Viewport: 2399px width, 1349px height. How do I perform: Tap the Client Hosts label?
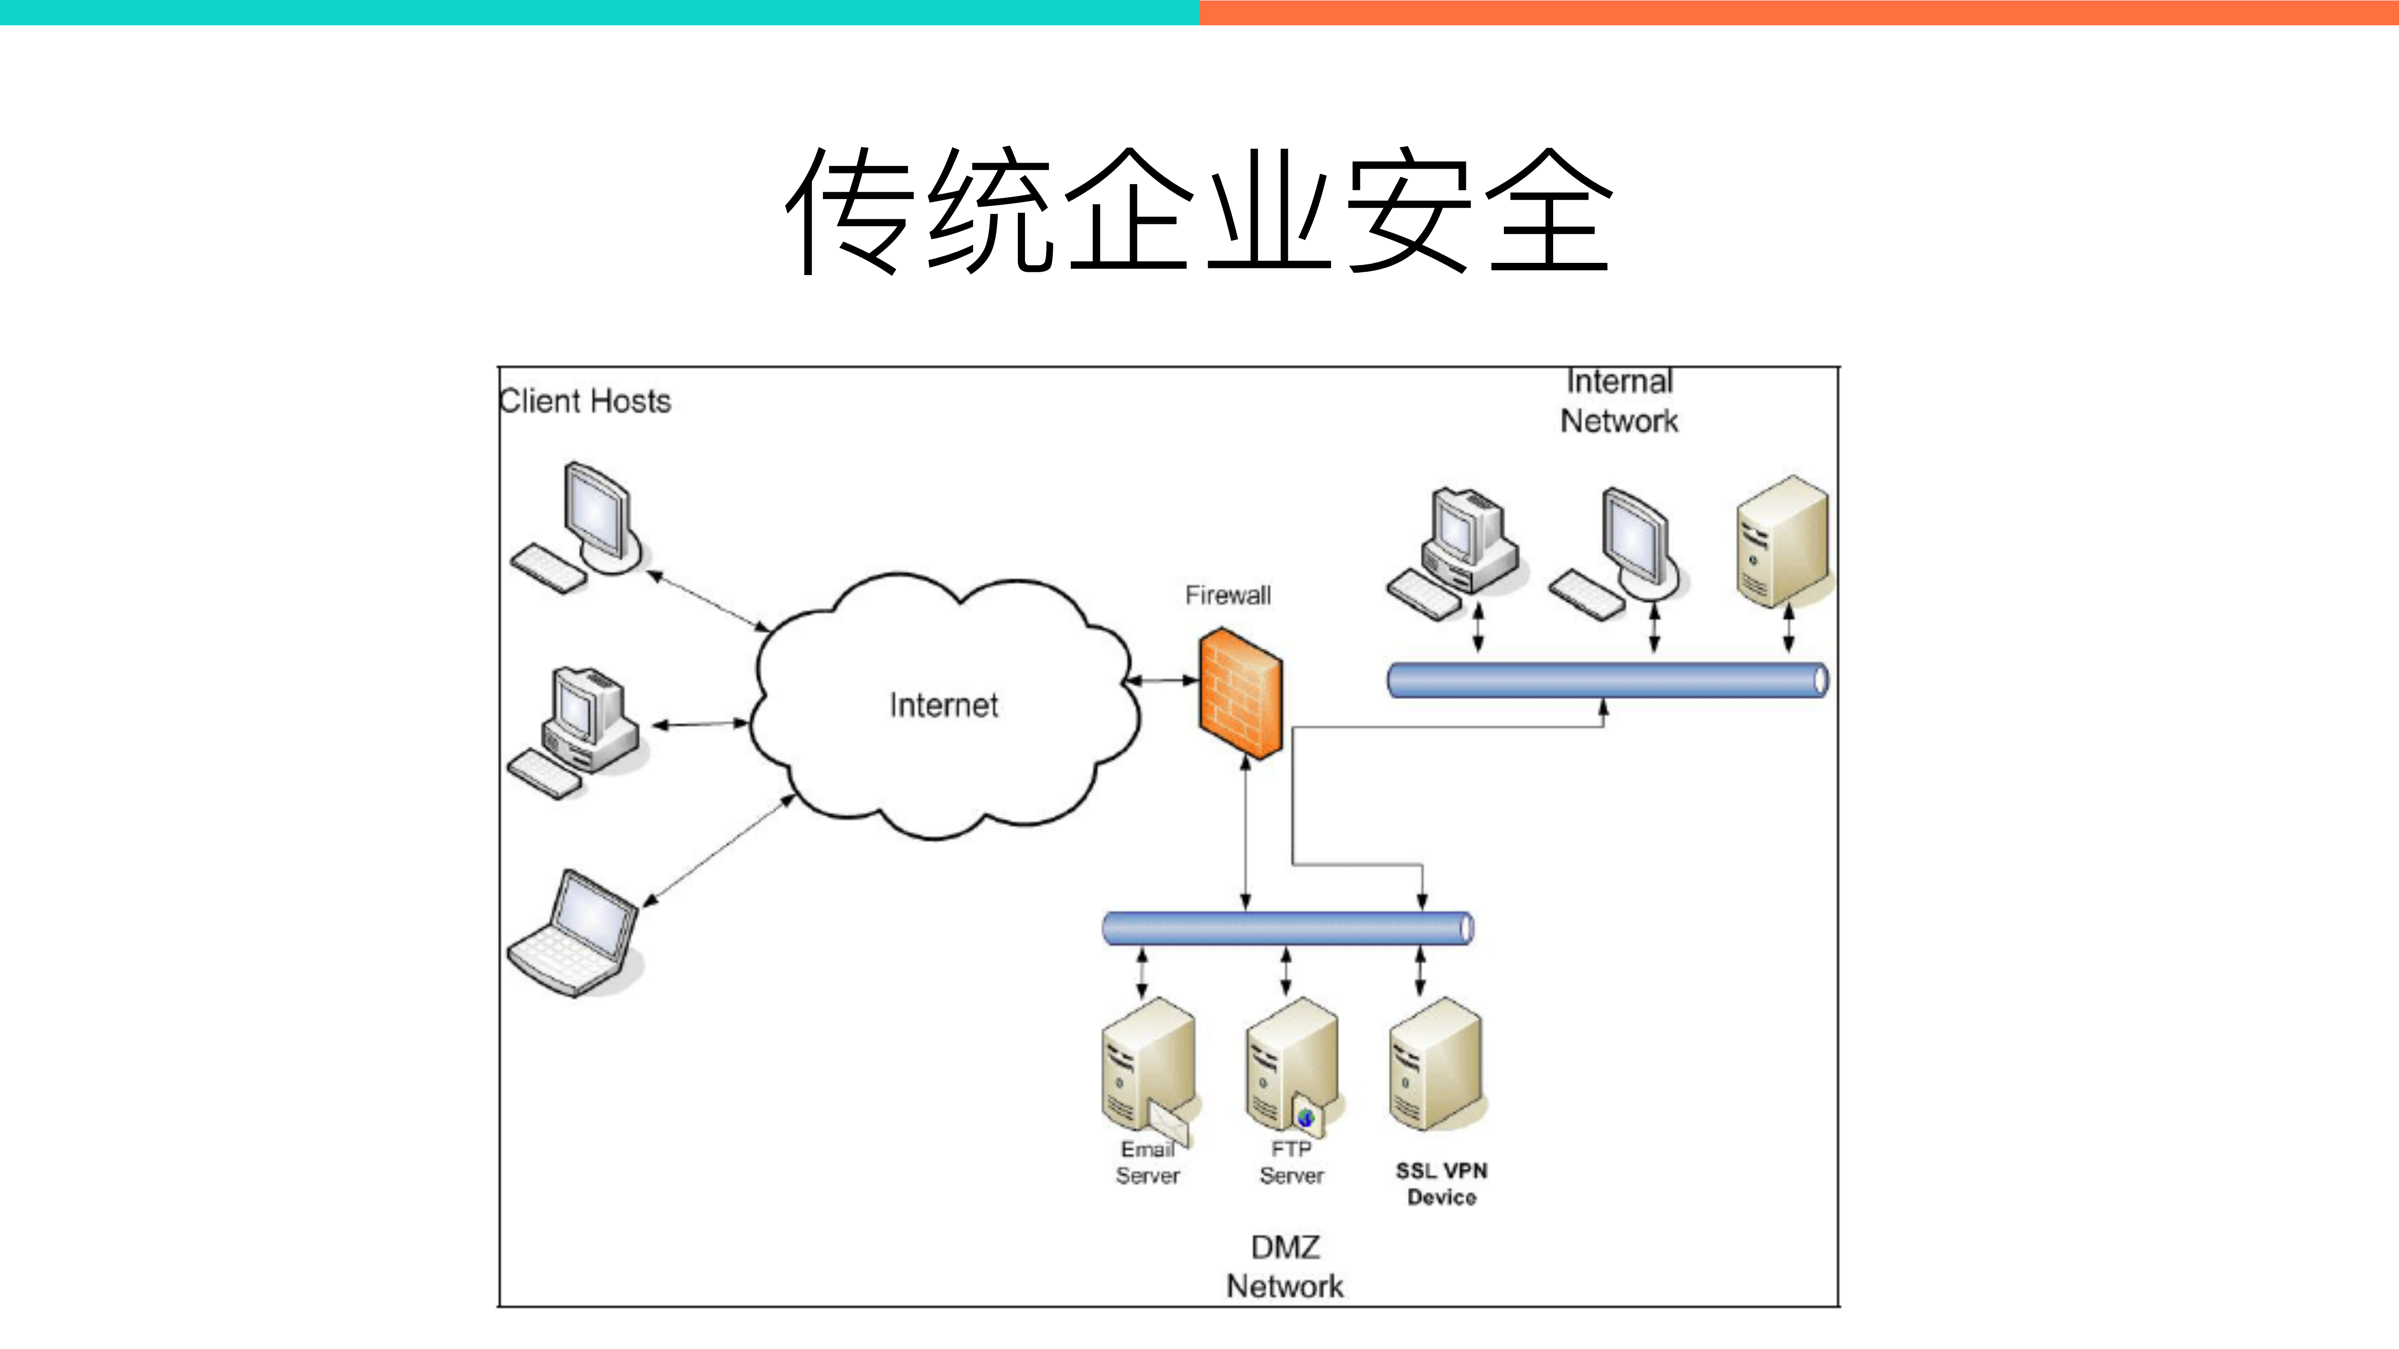(585, 401)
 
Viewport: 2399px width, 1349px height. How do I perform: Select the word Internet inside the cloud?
(943, 705)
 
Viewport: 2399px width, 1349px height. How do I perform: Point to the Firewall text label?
(1227, 595)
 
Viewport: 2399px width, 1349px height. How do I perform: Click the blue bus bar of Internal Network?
(1607, 679)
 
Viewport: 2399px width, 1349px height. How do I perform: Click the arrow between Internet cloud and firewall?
(1162, 680)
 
